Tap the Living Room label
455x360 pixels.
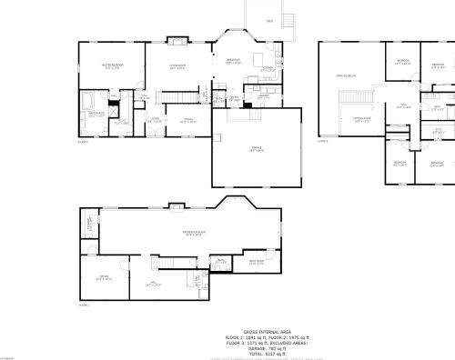click(x=177, y=66)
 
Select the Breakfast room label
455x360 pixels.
click(x=233, y=61)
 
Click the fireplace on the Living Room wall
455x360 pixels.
click(x=178, y=41)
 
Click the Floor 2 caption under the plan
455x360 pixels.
click(x=322, y=142)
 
